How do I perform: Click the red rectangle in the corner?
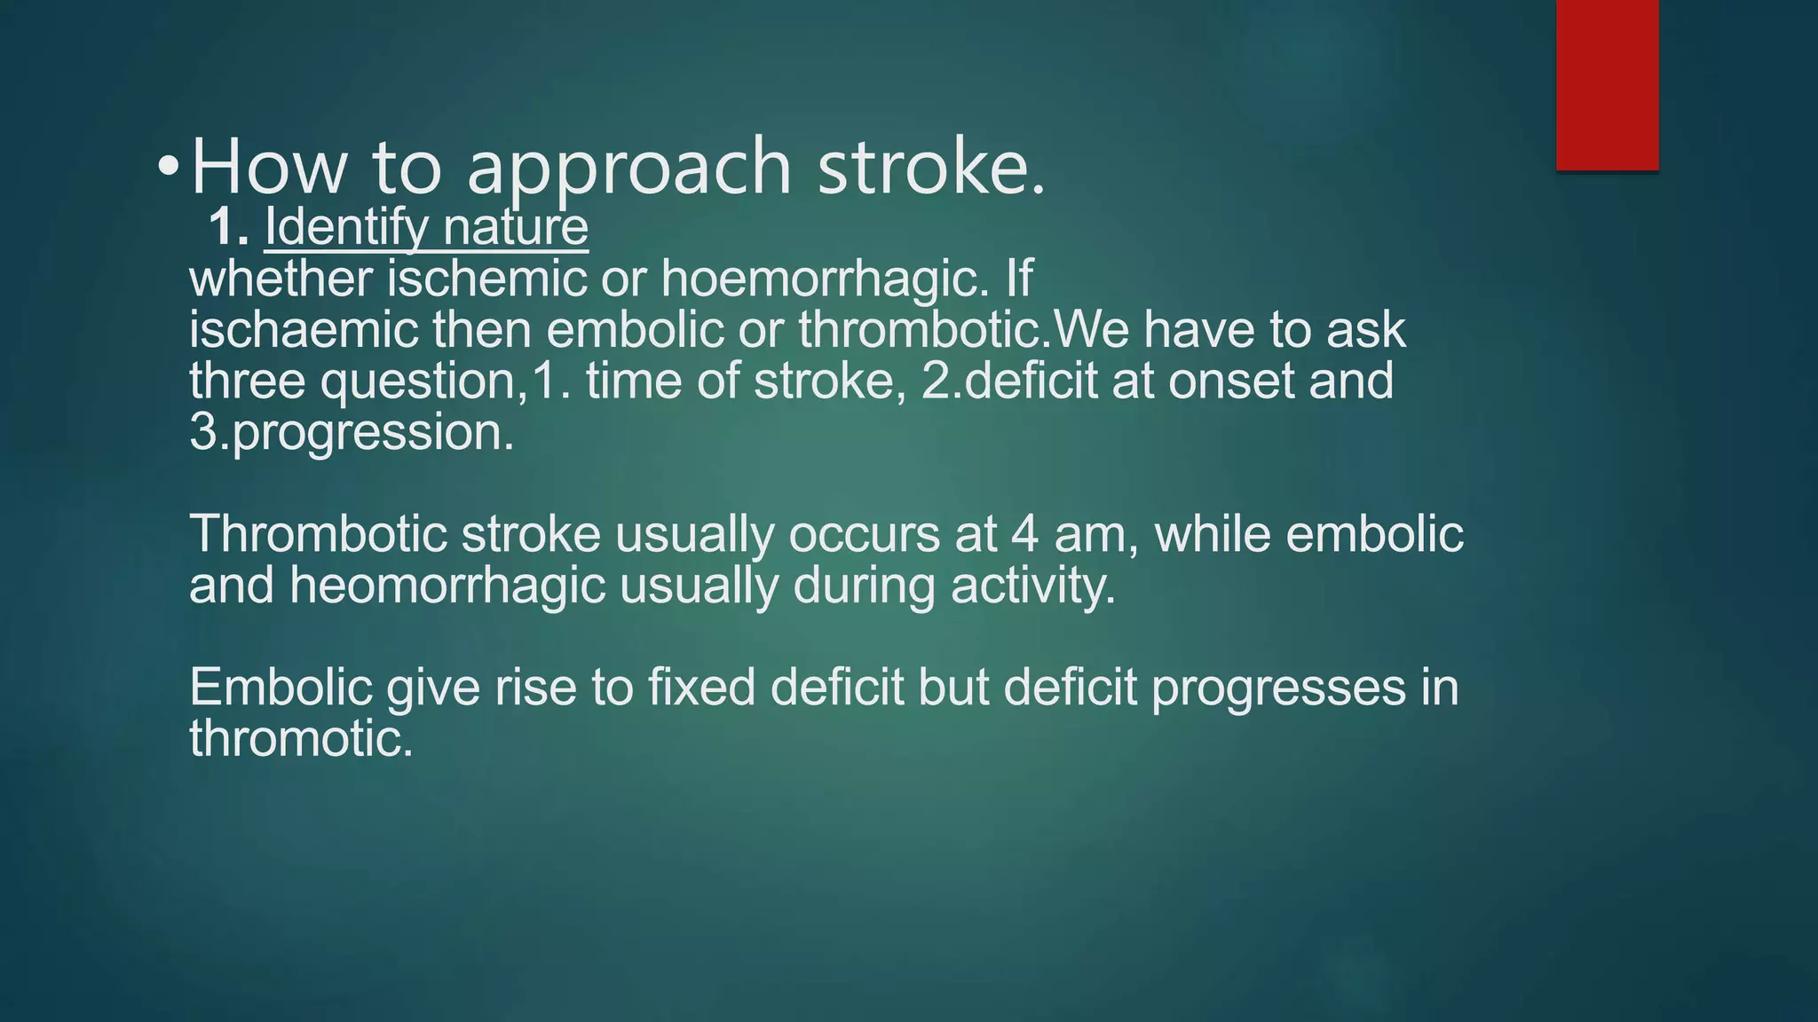(1607, 84)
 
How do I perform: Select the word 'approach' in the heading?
(628, 169)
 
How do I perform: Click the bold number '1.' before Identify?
(229, 228)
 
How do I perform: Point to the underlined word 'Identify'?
(346, 228)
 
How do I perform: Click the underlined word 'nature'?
(515, 228)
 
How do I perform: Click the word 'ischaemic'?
(304, 330)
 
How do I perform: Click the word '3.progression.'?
(352, 433)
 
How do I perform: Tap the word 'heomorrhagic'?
(447, 586)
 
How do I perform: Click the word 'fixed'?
(701, 688)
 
